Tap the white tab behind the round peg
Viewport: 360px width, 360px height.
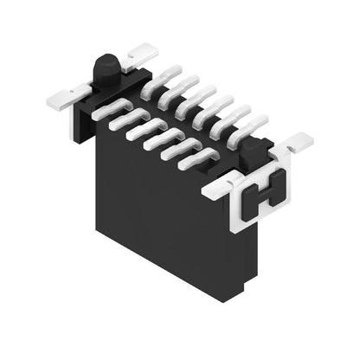(138, 58)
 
